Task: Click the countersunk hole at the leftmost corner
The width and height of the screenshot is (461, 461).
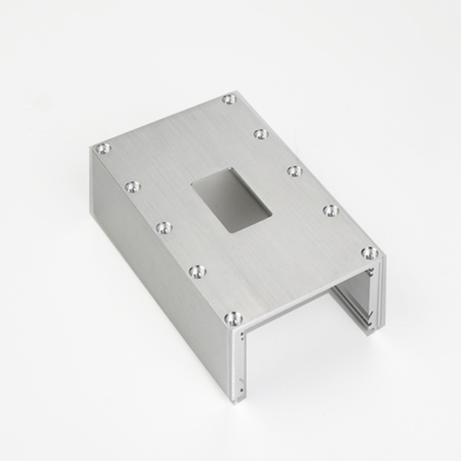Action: [103, 149]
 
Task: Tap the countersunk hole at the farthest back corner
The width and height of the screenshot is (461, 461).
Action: [229, 99]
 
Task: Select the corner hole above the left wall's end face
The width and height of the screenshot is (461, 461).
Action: [233, 318]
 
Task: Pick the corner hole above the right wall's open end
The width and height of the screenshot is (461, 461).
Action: [369, 252]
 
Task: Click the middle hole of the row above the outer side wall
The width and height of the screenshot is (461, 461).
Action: [164, 228]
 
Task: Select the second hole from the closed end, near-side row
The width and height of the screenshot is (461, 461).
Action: [133, 187]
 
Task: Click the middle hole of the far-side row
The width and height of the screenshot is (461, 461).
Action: [295, 171]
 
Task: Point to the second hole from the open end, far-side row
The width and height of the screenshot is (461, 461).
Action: [331, 210]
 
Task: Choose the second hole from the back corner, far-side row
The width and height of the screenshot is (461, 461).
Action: [261, 134]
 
